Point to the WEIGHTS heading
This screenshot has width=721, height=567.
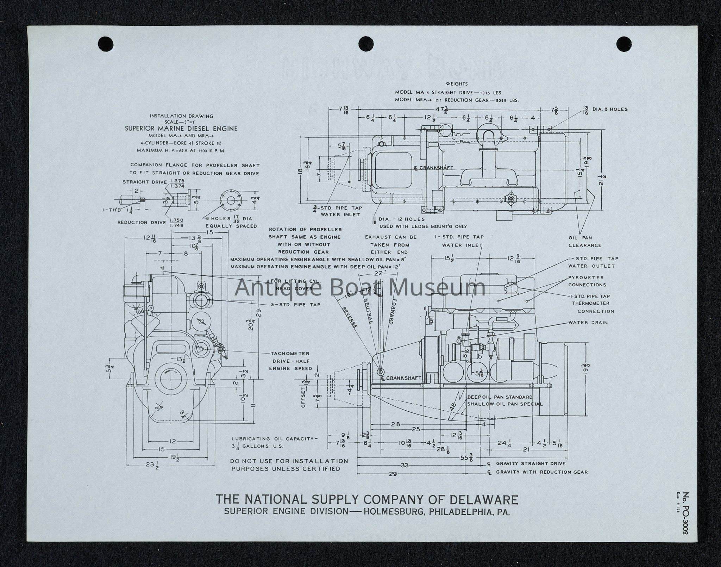click(457, 84)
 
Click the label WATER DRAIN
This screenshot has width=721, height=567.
click(588, 322)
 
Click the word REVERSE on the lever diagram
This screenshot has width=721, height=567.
click(350, 317)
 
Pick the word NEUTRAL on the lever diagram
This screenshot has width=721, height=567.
click(368, 311)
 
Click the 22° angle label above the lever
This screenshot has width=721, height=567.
click(378, 273)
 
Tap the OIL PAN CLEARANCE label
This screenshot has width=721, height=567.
click(585, 242)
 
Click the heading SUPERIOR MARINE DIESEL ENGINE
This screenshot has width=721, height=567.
click(181, 129)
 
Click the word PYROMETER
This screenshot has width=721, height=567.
click(585, 278)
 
